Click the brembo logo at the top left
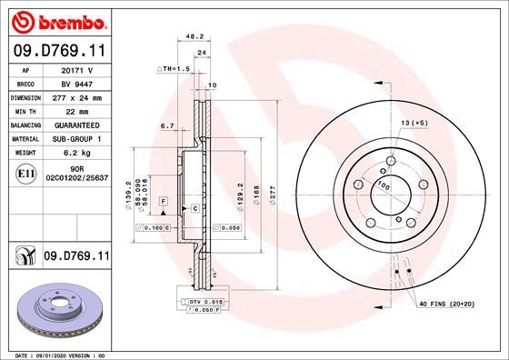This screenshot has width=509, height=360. click(57, 19)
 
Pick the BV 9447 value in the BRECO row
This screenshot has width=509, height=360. click(79, 83)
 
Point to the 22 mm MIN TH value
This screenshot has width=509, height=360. click(79, 110)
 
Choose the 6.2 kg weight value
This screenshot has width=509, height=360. click(79, 152)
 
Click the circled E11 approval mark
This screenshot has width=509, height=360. click(25, 174)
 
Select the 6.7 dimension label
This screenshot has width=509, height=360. click(166, 126)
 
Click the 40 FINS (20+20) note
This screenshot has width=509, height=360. click(448, 303)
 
